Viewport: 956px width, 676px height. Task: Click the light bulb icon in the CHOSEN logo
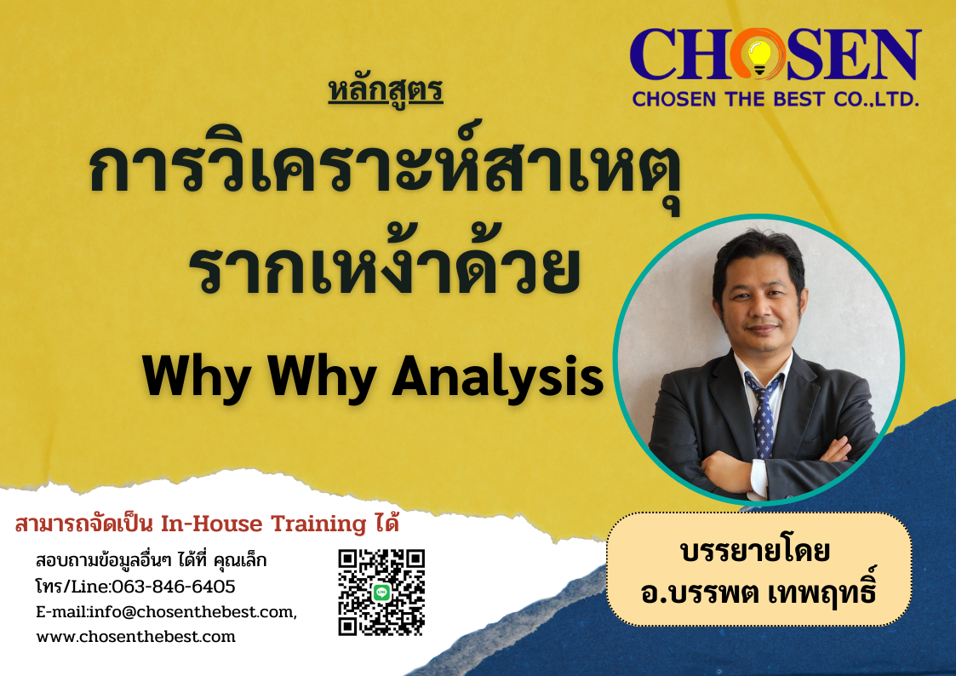click(x=759, y=57)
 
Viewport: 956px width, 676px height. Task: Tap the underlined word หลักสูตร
click(x=386, y=91)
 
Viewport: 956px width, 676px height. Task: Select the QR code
click(x=381, y=593)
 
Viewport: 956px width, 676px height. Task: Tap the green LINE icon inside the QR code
click(x=381, y=592)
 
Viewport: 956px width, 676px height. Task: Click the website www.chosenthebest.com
click(x=136, y=637)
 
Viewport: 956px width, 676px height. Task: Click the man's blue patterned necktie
click(x=762, y=415)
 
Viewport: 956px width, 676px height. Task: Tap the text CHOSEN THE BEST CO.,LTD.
click(x=776, y=99)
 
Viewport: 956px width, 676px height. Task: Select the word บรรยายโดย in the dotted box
click(x=755, y=551)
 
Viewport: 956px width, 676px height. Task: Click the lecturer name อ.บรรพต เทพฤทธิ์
click(x=759, y=591)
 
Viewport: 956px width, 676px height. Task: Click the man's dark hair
click(x=759, y=256)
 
